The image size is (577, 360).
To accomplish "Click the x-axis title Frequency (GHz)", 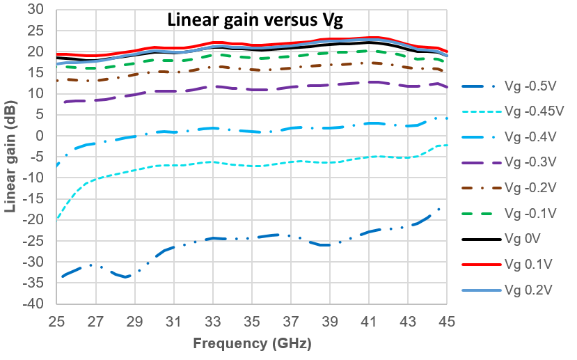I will [251, 343].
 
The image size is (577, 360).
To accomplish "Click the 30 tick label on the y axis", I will [35, 9].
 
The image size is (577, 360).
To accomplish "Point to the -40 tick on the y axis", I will [33, 305].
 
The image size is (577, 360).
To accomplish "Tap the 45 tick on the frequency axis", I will [447, 322].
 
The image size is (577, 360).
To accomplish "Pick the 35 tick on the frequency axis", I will [252, 322].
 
